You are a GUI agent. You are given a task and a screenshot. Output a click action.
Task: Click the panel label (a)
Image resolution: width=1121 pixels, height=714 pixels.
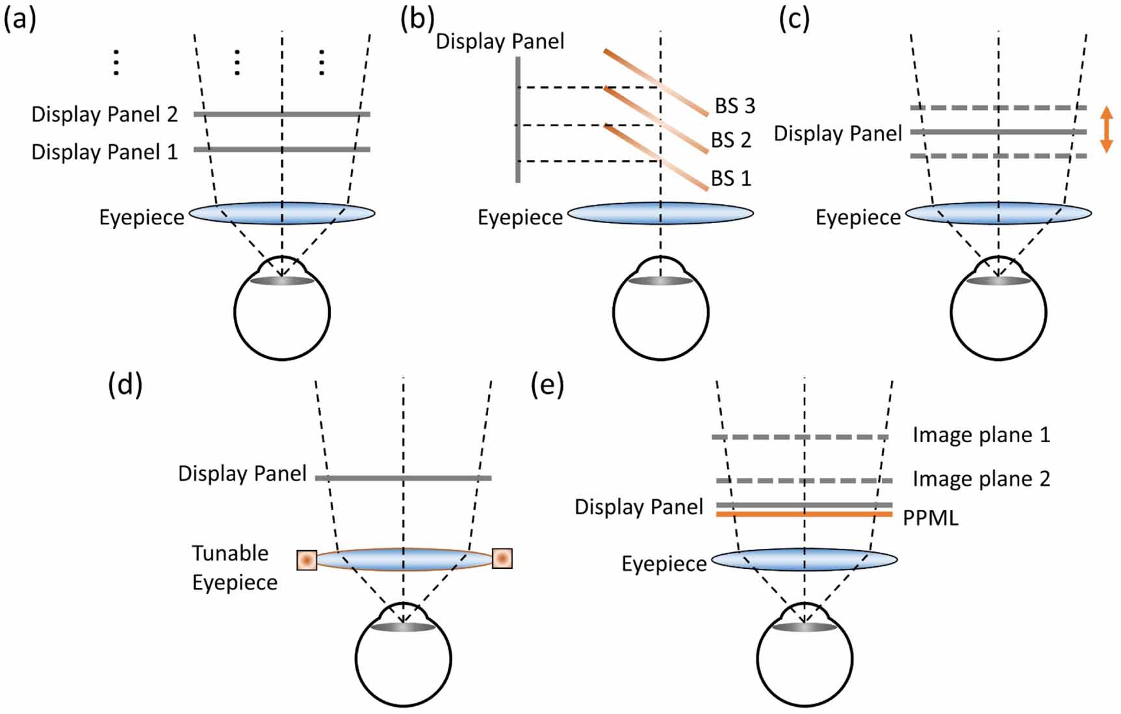tap(19, 20)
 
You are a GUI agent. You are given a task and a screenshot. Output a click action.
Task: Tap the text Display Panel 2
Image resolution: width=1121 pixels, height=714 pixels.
tap(104, 114)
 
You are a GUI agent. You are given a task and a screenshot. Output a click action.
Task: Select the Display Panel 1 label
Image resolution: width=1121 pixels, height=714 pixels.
tap(104, 152)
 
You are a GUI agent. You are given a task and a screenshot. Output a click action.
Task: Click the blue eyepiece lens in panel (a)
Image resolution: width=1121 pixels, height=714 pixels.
tap(282, 213)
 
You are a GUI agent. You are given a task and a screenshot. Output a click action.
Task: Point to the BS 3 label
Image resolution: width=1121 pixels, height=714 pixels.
tap(735, 106)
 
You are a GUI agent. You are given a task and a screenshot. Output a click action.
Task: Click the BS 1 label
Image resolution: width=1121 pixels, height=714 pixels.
tap(730, 178)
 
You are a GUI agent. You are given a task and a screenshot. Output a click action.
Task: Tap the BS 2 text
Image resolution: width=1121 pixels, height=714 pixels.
tap(730, 140)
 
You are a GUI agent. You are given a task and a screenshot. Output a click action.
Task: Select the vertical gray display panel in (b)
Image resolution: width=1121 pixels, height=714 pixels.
tap(518, 120)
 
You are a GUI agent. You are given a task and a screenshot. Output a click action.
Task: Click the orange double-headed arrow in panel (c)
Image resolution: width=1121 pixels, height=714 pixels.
tap(1106, 130)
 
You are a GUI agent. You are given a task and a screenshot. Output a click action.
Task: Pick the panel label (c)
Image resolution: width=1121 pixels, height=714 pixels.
tap(794, 20)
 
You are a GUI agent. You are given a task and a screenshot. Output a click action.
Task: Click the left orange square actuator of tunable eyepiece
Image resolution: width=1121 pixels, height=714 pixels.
tap(307, 560)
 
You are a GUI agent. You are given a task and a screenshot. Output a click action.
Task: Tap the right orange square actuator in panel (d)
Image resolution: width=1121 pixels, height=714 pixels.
tap(502, 558)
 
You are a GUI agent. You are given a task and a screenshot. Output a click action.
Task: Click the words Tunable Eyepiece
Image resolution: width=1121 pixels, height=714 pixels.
tap(234, 567)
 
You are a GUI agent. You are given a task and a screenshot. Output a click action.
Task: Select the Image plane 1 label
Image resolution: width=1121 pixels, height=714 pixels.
tap(981, 435)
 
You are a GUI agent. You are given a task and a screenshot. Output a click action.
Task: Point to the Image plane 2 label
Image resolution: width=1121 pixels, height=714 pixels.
tap(981, 479)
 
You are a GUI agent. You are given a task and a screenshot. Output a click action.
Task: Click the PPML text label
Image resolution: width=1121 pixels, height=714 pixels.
tap(930, 518)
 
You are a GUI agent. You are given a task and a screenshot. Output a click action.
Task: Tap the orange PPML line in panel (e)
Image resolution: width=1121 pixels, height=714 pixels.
tap(805, 514)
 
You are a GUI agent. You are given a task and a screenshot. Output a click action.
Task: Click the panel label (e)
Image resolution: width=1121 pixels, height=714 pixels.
tap(547, 385)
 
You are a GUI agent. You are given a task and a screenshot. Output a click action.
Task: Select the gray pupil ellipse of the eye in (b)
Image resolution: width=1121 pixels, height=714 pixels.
tap(660, 281)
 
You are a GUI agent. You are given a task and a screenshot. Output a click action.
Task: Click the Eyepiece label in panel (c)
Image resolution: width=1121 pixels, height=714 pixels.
tap(858, 217)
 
